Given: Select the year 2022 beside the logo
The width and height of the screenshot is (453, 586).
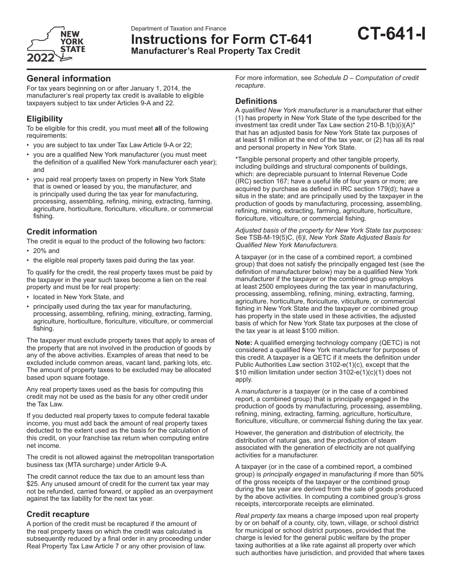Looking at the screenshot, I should point(41,59).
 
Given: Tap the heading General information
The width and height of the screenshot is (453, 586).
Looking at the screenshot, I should point(69,79).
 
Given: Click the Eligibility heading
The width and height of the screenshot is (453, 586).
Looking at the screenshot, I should point(44,119).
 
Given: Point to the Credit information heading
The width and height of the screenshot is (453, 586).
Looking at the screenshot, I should point(62,232).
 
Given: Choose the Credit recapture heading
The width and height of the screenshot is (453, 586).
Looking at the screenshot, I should point(58,514).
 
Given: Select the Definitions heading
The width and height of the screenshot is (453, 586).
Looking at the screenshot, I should point(256,101).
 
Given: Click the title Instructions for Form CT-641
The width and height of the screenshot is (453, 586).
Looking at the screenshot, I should point(222,40).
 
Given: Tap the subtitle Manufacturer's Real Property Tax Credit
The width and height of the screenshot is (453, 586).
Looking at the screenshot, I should point(216,51).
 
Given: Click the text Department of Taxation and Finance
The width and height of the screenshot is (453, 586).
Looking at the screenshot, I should point(178,29).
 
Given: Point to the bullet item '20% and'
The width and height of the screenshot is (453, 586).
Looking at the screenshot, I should point(46,251).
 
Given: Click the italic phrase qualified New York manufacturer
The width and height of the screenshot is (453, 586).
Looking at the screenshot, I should point(289,110).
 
